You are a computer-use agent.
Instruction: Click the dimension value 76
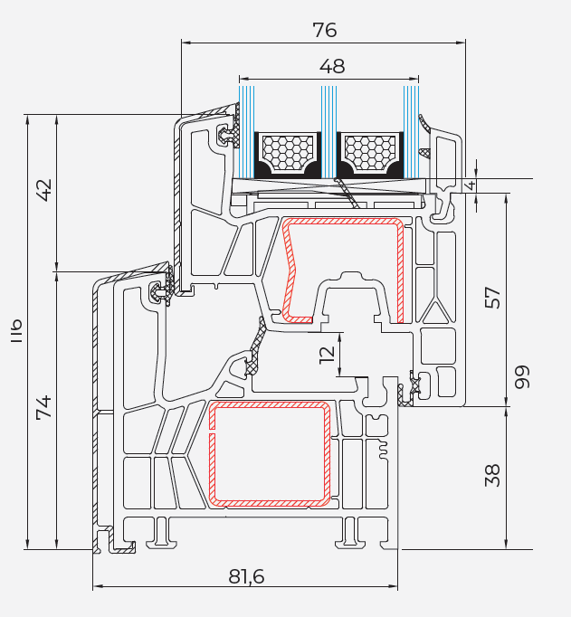click(324, 29)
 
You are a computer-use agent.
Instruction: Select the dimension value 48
click(332, 66)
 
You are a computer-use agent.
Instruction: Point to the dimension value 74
click(43, 407)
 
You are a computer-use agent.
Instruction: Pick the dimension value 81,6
click(246, 575)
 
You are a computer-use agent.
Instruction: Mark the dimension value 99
click(522, 376)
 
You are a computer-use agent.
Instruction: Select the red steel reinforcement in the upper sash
click(399, 271)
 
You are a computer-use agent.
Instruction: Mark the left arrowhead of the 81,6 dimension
click(97, 586)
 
